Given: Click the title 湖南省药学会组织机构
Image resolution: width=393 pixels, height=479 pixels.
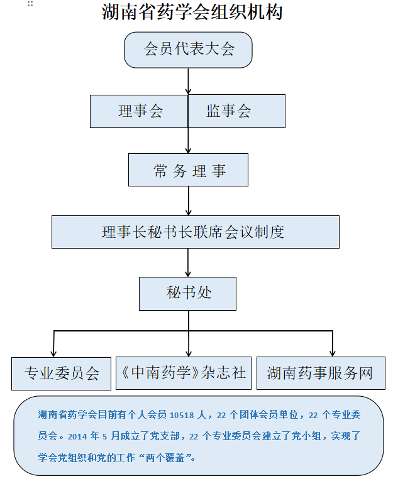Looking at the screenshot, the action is coord(192,12).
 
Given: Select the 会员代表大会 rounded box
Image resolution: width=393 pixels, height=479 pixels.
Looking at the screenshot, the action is coord(188,50).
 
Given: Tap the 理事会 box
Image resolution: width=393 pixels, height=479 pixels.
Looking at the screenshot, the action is coord(139,111).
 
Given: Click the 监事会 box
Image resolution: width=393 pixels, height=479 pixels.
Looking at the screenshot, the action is coord(236,111).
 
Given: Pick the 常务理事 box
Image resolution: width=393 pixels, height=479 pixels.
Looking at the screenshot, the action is coord(188,170).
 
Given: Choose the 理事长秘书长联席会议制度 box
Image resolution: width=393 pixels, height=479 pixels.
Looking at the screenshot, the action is coord(196,232).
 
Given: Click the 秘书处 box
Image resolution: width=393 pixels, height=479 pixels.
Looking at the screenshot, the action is coord(187,294).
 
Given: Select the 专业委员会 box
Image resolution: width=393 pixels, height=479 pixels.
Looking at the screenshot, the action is coord(61,374).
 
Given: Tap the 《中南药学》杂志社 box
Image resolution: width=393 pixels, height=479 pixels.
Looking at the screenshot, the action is coord(184,373).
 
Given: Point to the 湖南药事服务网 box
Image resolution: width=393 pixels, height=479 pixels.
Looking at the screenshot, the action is coord(321,373).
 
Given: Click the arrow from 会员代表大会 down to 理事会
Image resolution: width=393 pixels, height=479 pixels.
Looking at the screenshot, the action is coord(188,81).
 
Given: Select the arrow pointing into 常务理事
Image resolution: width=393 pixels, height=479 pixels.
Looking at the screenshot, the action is coord(188,141).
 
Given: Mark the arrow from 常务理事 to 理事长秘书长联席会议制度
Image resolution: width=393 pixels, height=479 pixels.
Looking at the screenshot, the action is coord(188,201).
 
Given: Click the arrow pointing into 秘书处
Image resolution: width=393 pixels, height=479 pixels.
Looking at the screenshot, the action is coord(188,262).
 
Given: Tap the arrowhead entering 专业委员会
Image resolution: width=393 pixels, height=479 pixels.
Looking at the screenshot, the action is coord(53,353).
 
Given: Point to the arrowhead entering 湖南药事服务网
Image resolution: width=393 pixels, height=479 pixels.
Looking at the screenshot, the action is coord(333,353).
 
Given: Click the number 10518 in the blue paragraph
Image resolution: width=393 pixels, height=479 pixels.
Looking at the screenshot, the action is coord(182,415).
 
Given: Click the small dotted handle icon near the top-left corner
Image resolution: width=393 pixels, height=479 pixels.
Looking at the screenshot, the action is coord(30,4).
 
